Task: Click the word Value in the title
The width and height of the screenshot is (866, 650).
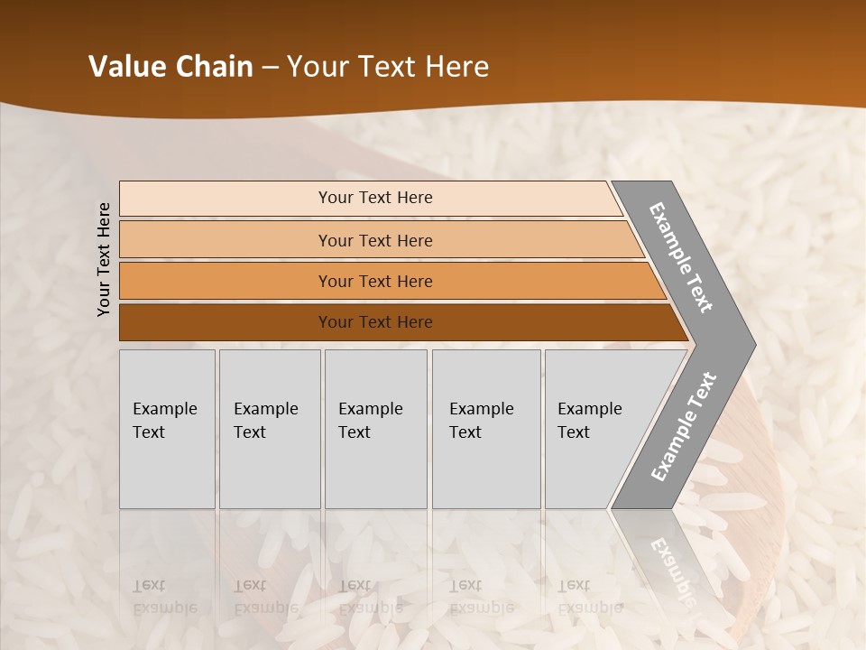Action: (125, 67)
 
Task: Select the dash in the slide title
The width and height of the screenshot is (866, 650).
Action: (270, 68)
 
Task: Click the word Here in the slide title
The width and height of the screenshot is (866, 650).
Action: (456, 67)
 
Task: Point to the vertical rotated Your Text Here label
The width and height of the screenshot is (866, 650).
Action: (104, 259)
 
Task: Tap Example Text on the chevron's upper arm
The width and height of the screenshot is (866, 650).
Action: (681, 257)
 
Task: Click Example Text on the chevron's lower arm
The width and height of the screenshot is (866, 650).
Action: (683, 427)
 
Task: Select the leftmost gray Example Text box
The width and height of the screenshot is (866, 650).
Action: (167, 429)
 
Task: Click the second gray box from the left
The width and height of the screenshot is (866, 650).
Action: (270, 429)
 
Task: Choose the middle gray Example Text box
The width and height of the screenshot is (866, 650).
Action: (375, 429)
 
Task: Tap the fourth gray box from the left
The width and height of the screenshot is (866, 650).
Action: (486, 429)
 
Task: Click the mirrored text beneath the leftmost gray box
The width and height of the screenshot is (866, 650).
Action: (164, 597)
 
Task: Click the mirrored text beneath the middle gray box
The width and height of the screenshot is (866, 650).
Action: (370, 597)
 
